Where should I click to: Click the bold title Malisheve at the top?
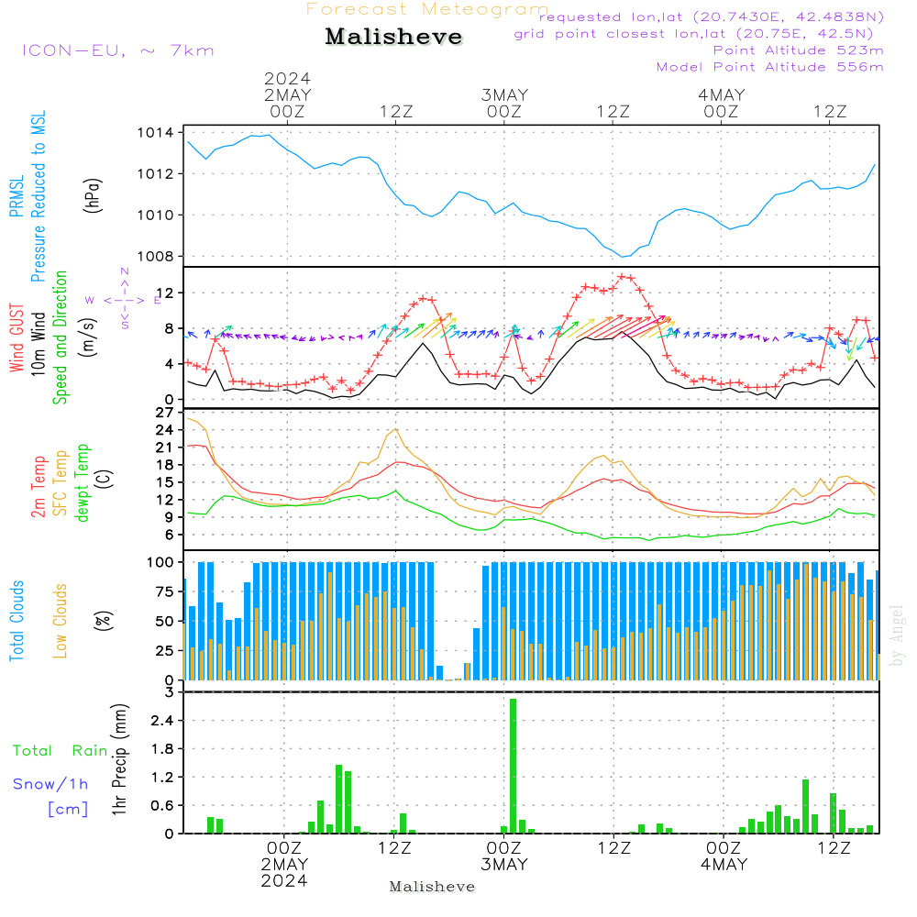(393, 38)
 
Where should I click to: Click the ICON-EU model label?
(116, 50)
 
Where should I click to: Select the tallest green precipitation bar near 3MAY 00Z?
(513, 766)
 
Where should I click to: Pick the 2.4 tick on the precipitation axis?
(163, 721)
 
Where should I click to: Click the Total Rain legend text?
(60, 751)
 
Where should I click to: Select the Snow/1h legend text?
(51, 784)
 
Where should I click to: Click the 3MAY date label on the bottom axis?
(504, 865)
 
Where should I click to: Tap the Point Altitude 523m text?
(798, 50)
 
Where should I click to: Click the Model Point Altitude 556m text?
(770, 67)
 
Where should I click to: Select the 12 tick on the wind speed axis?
(166, 293)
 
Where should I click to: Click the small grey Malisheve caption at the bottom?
(432, 887)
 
